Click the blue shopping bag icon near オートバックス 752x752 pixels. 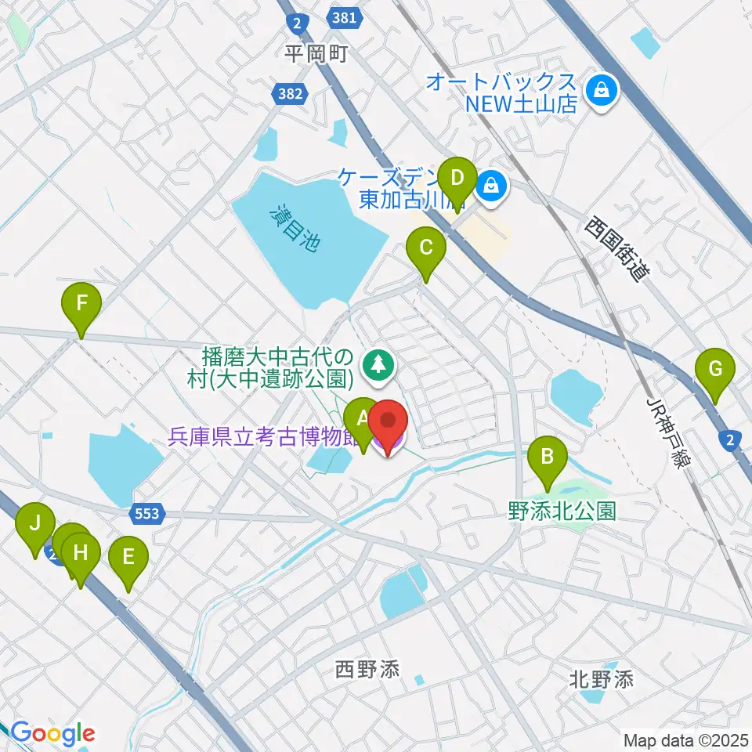click(605, 92)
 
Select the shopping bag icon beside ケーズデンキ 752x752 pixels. click(490, 186)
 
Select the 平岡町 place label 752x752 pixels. click(316, 53)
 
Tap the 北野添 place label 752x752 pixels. click(602, 679)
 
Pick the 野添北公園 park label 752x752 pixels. click(562, 512)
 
